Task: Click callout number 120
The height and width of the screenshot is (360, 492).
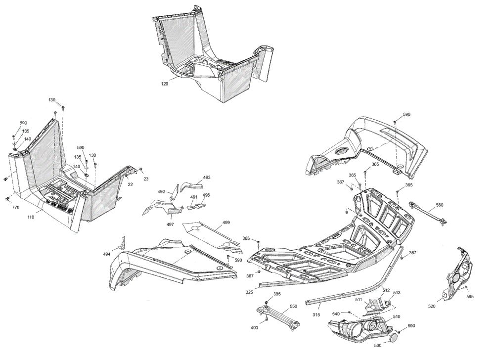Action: click(165, 84)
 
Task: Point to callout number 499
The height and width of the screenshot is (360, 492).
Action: click(226, 223)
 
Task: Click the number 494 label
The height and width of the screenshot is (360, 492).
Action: click(107, 254)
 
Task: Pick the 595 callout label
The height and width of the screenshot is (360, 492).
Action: click(470, 297)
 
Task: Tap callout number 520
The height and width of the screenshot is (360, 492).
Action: click(432, 307)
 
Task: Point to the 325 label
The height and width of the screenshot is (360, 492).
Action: click(250, 292)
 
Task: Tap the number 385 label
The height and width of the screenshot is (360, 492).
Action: click(277, 294)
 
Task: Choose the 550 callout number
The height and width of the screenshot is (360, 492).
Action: click(293, 306)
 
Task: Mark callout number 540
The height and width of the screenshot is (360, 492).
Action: click(336, 314)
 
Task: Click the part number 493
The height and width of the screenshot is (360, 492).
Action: click(207, 177)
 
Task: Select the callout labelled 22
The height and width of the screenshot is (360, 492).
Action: click(131, 185)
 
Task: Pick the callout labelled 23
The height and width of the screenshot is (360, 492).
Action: click(146, 179)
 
